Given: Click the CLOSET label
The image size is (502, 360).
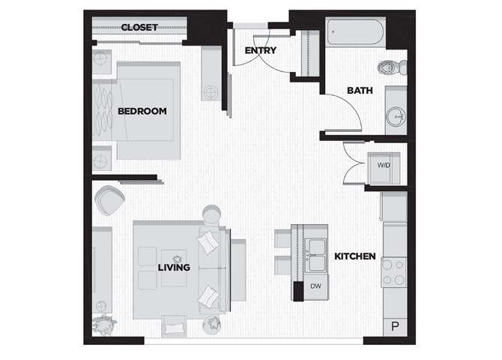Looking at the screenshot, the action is tap(139, 28).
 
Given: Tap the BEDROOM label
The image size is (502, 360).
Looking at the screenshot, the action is tap(142, 111).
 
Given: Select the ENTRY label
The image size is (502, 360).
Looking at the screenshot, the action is tap(260, 50).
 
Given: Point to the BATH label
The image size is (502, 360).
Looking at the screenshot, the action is tap(360, 91).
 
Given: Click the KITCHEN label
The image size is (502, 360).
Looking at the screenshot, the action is tap(355, 256).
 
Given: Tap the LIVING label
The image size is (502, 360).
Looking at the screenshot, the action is tap(174, 267).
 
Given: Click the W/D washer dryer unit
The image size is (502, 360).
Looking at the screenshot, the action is tap(384, 168).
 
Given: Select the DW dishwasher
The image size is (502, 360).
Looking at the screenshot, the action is tap(315, 286).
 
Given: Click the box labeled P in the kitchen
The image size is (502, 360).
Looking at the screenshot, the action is tap(396, 327).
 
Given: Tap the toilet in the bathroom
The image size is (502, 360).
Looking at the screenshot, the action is tap(392, 67).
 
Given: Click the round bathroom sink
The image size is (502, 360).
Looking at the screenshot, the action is tap(396, 116).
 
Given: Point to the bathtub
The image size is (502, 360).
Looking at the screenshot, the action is tap(355, 32).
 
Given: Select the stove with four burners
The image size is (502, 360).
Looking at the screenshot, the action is tap(394, 272).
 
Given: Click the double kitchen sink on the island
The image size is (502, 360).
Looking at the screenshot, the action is tap(316, 255).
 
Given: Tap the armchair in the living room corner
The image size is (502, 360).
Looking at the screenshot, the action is tap(109, 200).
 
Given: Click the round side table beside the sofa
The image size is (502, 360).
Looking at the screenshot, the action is tap(211, 214).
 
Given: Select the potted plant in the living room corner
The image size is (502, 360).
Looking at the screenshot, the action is tap(103, 325).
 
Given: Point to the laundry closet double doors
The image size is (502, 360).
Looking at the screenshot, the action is tap(354, 163).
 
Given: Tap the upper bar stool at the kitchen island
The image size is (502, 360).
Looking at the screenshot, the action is tap(282, 238).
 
